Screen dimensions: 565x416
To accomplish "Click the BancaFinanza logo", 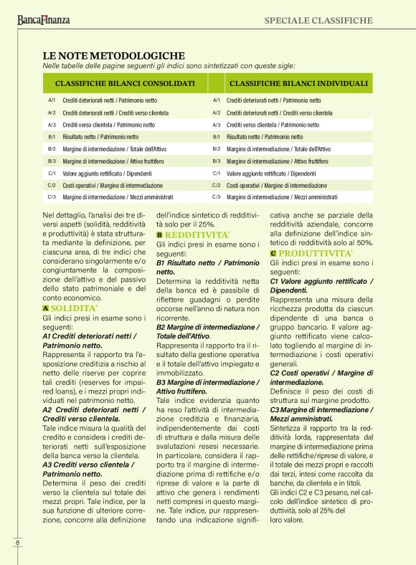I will point(44,20).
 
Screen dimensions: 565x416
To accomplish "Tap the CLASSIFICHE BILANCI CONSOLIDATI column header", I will point(125,83).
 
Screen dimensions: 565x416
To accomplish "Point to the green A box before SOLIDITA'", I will point(46,308).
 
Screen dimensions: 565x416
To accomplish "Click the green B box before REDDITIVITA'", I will point(160,234).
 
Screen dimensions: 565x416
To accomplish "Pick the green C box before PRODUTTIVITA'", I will point(274,253).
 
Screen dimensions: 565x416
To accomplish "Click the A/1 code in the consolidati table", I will point(52,100).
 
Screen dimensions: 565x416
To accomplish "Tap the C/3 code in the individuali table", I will point(216,196).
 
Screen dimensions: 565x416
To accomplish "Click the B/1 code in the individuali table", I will point(216,136).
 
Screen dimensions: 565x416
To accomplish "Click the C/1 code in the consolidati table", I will point(52,173).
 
